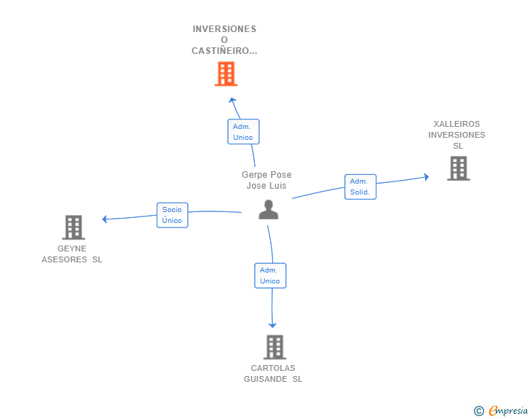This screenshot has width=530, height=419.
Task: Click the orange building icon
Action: point(226,74)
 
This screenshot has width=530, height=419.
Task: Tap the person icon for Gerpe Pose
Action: point(269,210)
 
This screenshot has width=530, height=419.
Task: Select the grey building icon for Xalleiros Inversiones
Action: point(459,168)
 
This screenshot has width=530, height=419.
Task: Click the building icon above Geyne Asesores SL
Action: point(74,227)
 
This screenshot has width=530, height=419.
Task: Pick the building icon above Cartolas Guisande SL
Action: point(274,347)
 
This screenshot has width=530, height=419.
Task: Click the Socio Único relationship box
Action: point(173,215)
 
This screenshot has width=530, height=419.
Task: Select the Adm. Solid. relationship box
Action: point(360,187)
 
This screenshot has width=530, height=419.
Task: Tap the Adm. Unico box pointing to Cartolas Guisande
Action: point(270,275)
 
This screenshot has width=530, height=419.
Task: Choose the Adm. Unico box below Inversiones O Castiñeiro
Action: point(243,132)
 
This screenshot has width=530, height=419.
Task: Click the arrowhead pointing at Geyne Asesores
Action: point(104,219)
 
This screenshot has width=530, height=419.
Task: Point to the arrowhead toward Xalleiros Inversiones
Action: point(427,176)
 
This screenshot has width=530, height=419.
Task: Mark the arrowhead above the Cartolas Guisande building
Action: point(272,325)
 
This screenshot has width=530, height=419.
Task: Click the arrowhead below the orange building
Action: point(232,100)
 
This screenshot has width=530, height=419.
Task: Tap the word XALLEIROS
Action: point(456,124)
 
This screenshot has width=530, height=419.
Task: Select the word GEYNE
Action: point(72,248)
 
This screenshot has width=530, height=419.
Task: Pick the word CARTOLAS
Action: point(273,368)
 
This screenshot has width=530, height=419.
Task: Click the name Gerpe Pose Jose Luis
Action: point(266,180)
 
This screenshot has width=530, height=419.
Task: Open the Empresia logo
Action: point(508,410)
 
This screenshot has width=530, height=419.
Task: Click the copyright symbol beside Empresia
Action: point(479,411)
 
